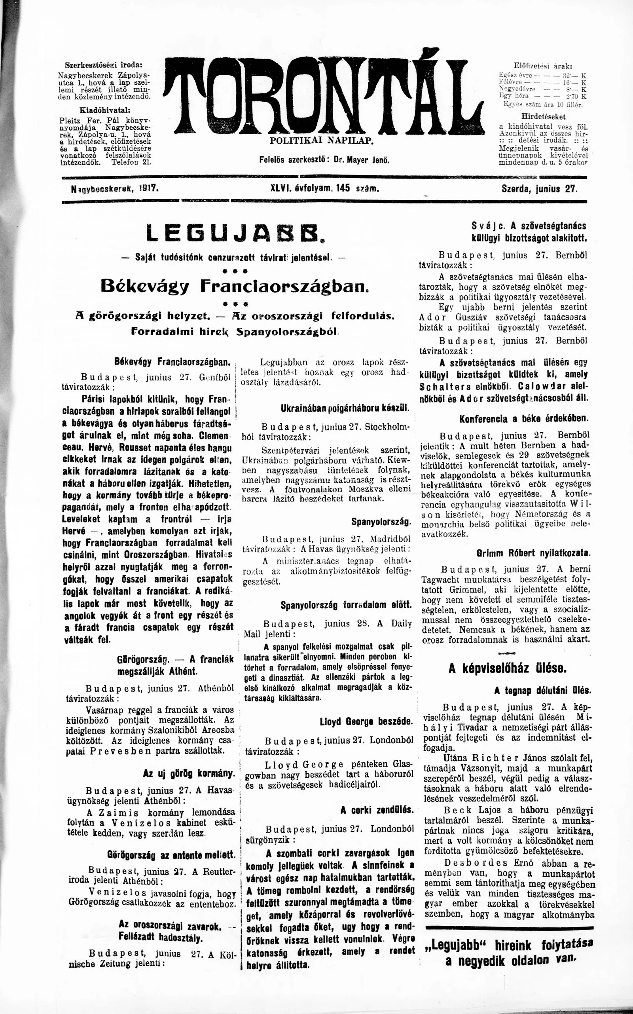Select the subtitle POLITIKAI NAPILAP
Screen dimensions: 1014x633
(x=321, y=141)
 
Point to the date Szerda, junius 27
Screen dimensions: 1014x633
(x=539, y=189)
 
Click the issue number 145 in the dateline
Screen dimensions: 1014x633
(x=343, y=189)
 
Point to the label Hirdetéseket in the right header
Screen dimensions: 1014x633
(x=544, y=116)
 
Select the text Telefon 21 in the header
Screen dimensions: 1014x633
(x=131, y=162)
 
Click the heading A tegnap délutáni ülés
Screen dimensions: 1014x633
(x=542, y=690)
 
